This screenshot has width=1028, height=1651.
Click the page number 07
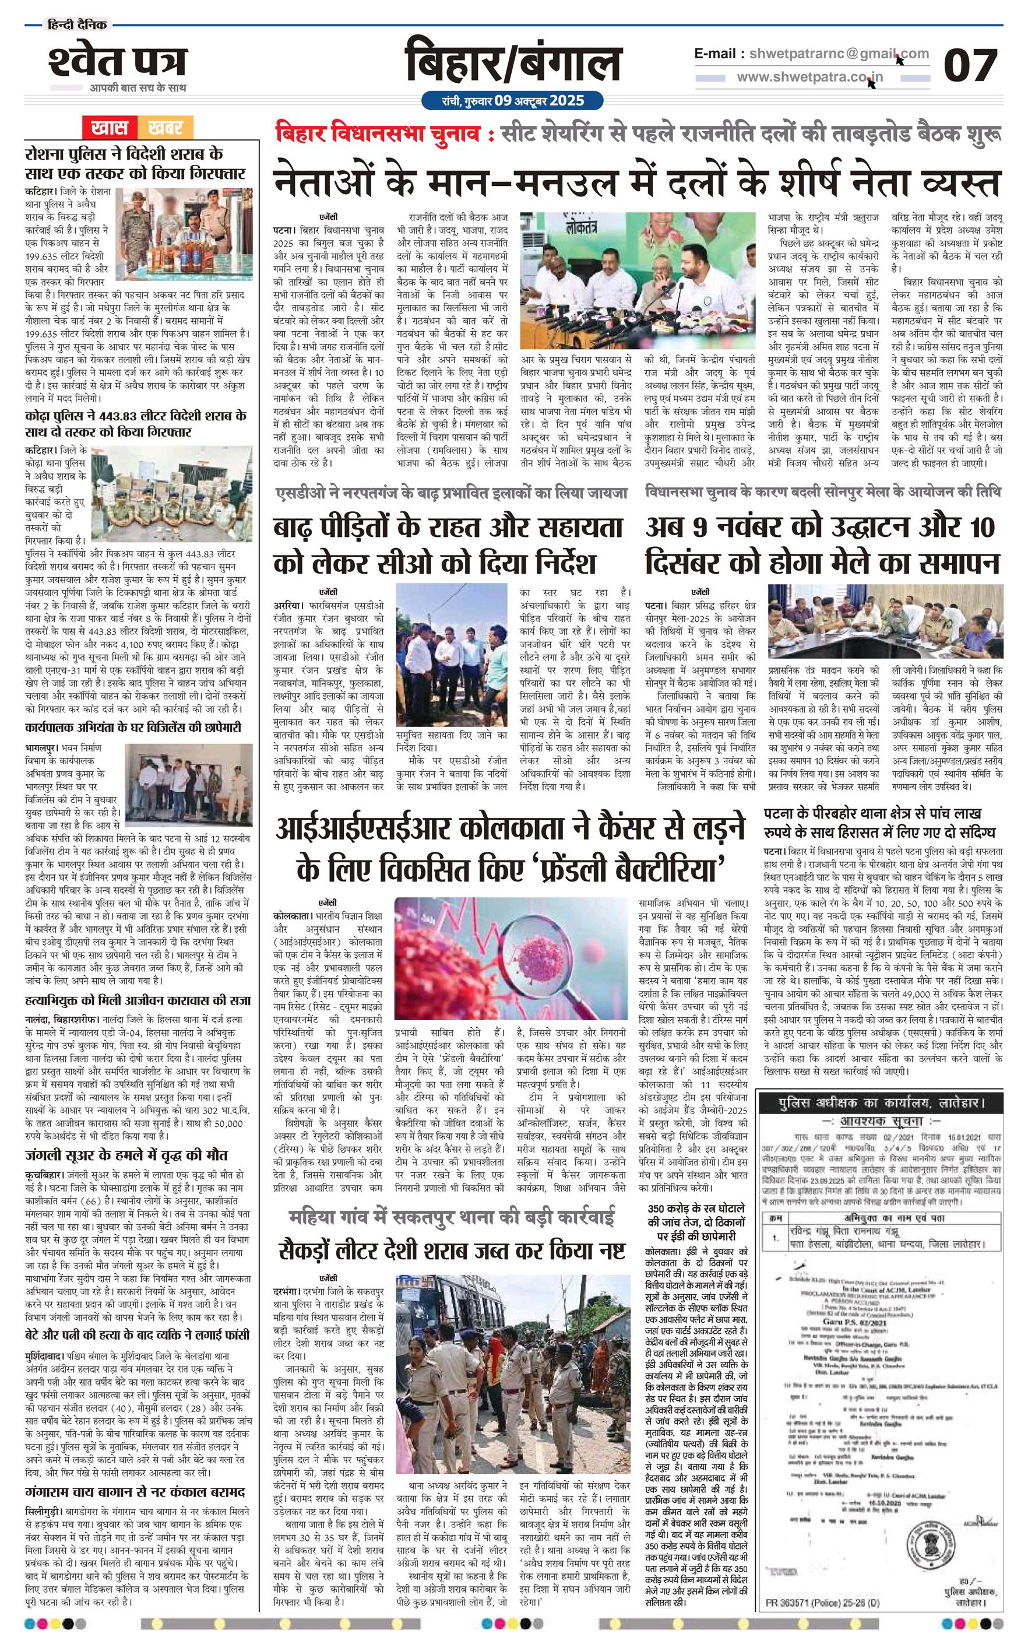[x=970, y=65]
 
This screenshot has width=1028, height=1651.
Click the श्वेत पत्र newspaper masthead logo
[x=117, y=62]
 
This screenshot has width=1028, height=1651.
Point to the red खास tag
[x=110, y=127]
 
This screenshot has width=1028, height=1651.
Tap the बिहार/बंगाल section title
[x=513, y=63]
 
